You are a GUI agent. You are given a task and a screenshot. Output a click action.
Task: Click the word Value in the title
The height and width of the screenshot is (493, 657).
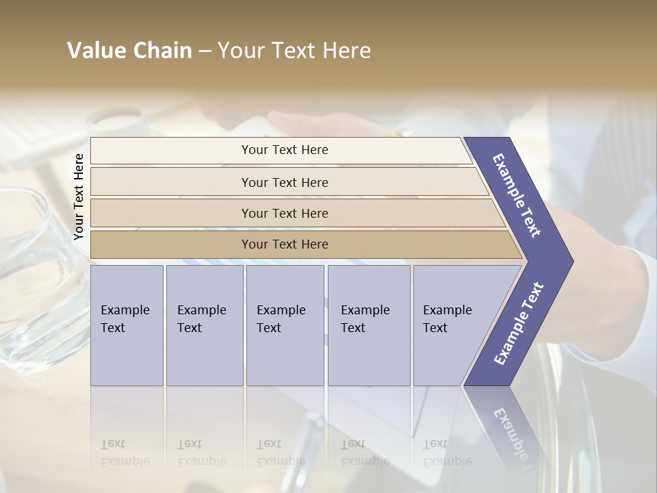click(93, 51)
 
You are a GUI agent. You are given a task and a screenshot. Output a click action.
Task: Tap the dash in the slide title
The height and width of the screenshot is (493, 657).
click(205, 51)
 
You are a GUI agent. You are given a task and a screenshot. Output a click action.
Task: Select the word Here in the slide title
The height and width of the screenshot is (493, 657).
click(346, 51)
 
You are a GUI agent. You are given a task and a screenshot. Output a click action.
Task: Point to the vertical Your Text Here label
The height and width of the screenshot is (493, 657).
click(79, 197)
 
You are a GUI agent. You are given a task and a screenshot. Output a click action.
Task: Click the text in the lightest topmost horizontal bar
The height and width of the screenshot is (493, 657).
click(285, 150)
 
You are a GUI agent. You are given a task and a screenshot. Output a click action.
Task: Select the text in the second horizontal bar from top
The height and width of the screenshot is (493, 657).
click(285, 182)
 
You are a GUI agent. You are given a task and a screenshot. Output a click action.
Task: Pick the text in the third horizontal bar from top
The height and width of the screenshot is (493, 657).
click(285, 213)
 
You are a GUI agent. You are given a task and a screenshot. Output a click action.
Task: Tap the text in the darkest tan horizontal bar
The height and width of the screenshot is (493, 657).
click(285, 244)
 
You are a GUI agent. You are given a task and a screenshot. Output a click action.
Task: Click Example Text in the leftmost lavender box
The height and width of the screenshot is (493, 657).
click(125, 318)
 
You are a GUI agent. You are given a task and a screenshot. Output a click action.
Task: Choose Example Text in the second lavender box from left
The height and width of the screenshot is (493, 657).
click(201, 318)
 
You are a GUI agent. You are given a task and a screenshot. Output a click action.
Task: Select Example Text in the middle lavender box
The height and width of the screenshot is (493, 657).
click(281, 318)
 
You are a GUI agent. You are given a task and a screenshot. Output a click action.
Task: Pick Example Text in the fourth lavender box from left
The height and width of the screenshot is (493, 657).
click(365, 318)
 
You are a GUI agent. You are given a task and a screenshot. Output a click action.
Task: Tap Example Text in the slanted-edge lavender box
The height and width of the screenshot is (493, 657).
click(447, 318)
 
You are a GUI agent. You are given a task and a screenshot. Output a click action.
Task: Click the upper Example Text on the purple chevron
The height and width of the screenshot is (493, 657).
click(517, 195)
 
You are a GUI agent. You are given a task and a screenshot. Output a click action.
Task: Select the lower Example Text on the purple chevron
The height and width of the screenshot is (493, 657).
click(519, 324)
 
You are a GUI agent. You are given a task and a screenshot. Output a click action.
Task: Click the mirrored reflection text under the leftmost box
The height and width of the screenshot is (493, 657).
click(125, 453)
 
